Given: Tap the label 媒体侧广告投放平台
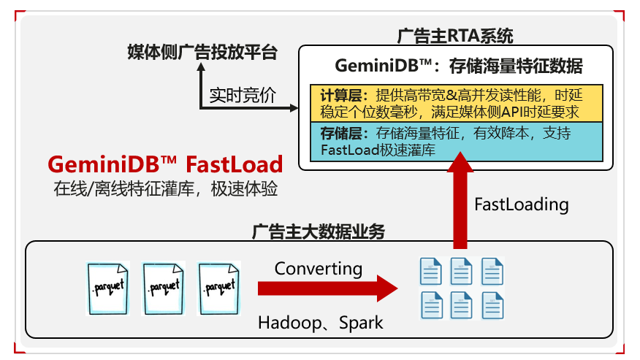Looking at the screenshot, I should click(x=202, y=53).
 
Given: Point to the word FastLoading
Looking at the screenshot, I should click(x=521, y=204).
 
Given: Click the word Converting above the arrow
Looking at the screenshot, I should click(x=319, y=268).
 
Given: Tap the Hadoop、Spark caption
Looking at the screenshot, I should click(x=320, y=322).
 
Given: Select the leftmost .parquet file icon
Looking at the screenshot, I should click(x=107, y=286).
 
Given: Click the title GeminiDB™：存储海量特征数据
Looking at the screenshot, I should click(x=459, y=66).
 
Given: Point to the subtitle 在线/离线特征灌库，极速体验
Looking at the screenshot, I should click(x=165, y=188).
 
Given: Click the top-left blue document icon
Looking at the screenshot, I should click(x=430, y=272).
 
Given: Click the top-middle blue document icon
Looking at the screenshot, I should click(x=461, y=272).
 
